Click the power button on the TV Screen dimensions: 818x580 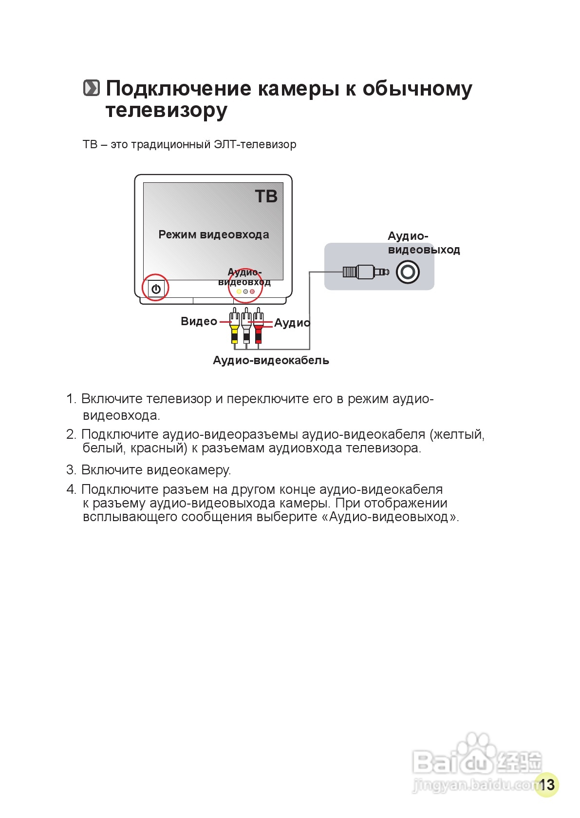click(x=156, y=289)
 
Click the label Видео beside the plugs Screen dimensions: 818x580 click(x=199, y=321)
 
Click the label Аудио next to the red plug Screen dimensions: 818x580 click(x=292, y=323)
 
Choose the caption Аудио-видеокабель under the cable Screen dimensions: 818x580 click(x=271, y=360)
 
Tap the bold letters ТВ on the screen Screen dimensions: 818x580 click(x=266, y=196)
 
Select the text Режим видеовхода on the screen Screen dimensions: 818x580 click(x=214, y=234)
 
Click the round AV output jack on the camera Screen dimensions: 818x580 click(x=407, y=272)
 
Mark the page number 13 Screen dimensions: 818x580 click(x=546, y=784)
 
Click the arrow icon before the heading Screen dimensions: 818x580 click(x=91, y=88)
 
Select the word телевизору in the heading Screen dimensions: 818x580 click(x=166, y=111)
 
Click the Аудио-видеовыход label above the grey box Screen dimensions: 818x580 click(x=423, y=243)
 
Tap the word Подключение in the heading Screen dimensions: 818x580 click(x=179, y=89)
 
